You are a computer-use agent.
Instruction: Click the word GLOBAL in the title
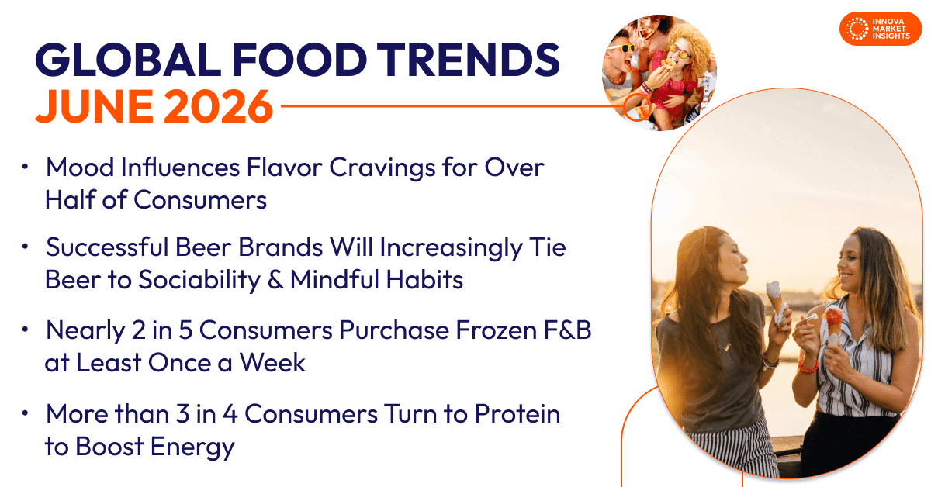[x=128, y=60]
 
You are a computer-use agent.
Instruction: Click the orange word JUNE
[x=95, y=106]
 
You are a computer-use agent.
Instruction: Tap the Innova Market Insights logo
[x=881, y=29]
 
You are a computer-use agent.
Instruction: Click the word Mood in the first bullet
[x=80, y=168]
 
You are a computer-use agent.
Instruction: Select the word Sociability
[x=199, y=281]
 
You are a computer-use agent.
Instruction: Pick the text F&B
[x=568, y=330]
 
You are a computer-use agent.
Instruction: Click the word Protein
[x=517, y=414]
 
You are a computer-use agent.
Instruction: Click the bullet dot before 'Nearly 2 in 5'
[x=25, y=330]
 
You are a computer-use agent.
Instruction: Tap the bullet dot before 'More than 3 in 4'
[x=25, y=413]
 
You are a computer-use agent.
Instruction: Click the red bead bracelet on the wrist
[x=808, y=366]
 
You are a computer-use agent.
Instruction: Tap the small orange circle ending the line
[x=637, y=107]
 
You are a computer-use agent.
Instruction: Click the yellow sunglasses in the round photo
[x=622, y=48]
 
